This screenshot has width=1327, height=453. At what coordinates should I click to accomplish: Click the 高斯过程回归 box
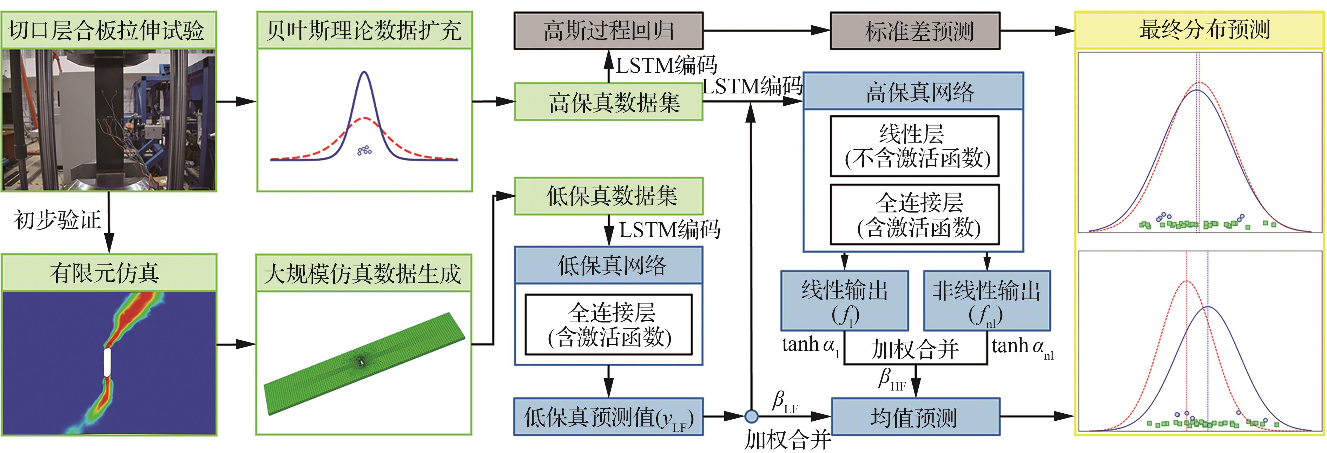[x=608, y=31]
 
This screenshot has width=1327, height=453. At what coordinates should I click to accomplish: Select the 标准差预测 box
[x=915, y=31]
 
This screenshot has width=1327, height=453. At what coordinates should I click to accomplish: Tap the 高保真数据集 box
[x=608, y=102]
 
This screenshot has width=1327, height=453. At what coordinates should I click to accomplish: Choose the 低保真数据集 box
[x=608, y=196]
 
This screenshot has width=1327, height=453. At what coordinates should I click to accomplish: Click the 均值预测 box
[x=915, y=417]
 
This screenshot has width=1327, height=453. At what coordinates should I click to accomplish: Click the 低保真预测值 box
[x=608, y=417]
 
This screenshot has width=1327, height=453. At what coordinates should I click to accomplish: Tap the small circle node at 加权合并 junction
[x=752, y=416]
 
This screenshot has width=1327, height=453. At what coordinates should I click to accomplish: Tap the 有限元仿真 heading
[x=105, y=273]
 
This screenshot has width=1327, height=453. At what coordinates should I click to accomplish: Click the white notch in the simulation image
[x=107, y=362]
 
